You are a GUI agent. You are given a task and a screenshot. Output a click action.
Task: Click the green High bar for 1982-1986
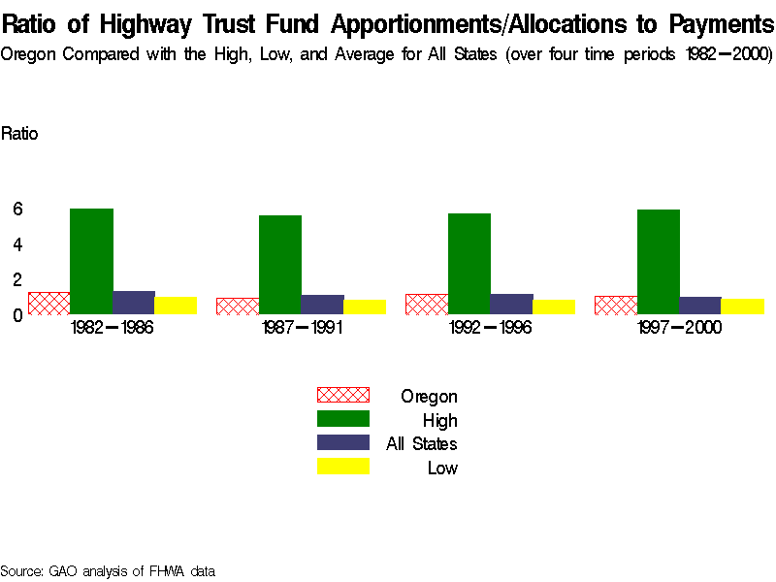coord(91,261)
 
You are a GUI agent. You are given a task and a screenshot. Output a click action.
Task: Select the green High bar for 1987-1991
coord(279,265)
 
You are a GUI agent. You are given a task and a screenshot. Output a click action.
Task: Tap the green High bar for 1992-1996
coord(469,264)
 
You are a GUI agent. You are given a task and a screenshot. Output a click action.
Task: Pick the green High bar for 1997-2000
coord(658,262)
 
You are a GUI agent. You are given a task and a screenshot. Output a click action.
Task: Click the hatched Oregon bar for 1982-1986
coord(48,303)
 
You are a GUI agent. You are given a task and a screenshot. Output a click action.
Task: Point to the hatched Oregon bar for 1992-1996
coord(426,304)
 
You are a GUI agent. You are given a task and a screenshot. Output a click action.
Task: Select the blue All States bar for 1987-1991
coord(322,305)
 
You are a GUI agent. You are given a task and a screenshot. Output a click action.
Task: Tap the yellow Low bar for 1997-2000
coord(742,306)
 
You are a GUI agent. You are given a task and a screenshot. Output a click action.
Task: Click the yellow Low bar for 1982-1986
coord(176,305)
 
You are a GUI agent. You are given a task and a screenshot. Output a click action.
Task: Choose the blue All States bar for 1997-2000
coord(699,305)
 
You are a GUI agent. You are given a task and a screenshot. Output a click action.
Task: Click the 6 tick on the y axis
coord(17,209)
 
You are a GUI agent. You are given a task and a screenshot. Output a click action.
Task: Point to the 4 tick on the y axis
coord(17,244)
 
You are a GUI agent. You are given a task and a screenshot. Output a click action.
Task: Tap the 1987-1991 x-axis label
coord(301,328)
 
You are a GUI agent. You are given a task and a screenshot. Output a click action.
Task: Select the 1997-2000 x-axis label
coord(679,328)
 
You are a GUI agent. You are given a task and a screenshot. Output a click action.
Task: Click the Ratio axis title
coord(19,134)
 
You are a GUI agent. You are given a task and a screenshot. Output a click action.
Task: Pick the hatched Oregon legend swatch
coord(343,395)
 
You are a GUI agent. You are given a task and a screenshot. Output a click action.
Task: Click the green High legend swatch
coord(343,419)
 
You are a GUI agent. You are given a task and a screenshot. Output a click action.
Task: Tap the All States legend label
coord(421,444)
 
